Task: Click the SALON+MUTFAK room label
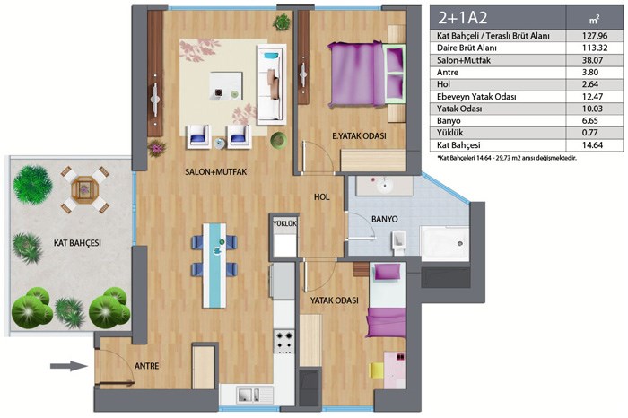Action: click(215, 171)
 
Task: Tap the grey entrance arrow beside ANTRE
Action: click(68, 366)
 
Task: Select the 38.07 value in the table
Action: click(592, 60)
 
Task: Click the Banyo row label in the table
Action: click(449, 120)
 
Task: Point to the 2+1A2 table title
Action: click(462, 18)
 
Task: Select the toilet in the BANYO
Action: click(399, 243)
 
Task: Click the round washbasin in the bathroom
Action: click(385, 186)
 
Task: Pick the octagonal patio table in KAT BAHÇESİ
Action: click(83, 189)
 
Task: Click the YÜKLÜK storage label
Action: click(284, 223)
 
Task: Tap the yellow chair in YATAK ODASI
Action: click(377, 370)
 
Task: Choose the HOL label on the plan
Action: click(321, 197)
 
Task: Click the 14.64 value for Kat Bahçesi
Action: click(592, 145)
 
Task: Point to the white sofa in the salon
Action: click(271, 84)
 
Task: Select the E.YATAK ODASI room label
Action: click(359, 136)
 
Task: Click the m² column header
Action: click(594, 19)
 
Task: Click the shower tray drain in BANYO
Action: click(460, 244)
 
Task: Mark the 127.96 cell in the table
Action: click(594, 36)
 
